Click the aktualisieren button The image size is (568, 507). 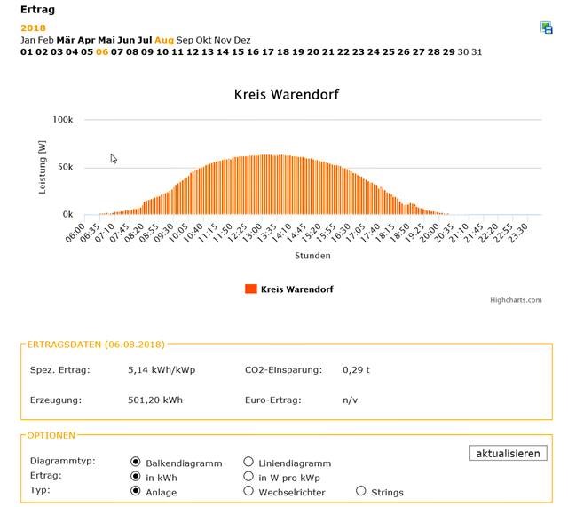[x=508, y=454]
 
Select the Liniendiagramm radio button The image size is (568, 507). [x=249, y=462]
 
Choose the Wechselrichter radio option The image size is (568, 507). [x=249, y=490]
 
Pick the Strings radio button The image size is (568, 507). [x=360, y=490]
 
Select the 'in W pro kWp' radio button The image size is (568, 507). [x=249, y=476]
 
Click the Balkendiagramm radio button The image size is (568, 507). [x=136, y=462]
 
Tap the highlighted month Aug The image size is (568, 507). [x=164, y=40]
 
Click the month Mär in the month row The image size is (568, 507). [x=66, y=40]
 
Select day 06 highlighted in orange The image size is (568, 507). [x=102, y=51]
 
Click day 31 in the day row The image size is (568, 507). [x=477, y=51]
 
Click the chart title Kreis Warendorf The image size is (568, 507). [x=287, y=94]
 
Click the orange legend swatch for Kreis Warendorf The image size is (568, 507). [x=250, y=289]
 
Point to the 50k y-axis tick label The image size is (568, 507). [x=65, y=167]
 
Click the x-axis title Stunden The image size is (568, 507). [x=312, y=256]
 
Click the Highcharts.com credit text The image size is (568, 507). [x=516, y=300]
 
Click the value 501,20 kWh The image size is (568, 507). [x=155, y=400]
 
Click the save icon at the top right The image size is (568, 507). [x=547, y=28]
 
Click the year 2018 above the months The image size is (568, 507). [x=34, y=28]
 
